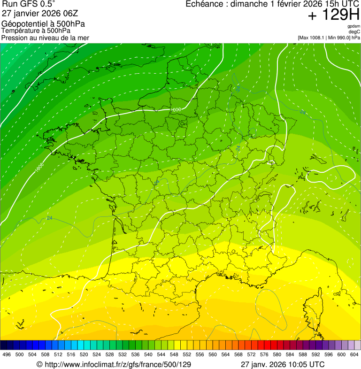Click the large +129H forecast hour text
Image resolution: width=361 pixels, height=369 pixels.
click(x=333, y=15)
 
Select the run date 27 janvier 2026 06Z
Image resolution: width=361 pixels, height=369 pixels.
click(x=38, y=13)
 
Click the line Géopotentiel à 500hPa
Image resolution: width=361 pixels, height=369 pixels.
click(x=43, y=24)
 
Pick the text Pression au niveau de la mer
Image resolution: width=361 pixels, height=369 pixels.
click(x=45, y=38)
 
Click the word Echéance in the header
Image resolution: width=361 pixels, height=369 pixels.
click(x=204, y=4)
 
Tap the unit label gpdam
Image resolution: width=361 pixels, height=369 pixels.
click(x=353, y=26)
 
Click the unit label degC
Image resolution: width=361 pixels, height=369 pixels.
click(x=354, y=32)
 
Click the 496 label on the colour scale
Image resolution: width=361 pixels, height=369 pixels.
click(x=7, y=354)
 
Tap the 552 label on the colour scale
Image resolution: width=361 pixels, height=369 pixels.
click(x=186, y=354)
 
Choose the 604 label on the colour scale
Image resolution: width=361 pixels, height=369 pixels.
click(x=354, y=354)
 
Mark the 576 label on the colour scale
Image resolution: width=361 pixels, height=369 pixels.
click(x=264, y=354)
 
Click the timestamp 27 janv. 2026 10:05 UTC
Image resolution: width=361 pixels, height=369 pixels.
click(x=282, y=364)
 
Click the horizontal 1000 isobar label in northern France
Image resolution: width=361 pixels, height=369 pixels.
click(x=176, y=110)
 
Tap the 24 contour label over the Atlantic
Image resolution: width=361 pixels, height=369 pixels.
click(x=49, y=218)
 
